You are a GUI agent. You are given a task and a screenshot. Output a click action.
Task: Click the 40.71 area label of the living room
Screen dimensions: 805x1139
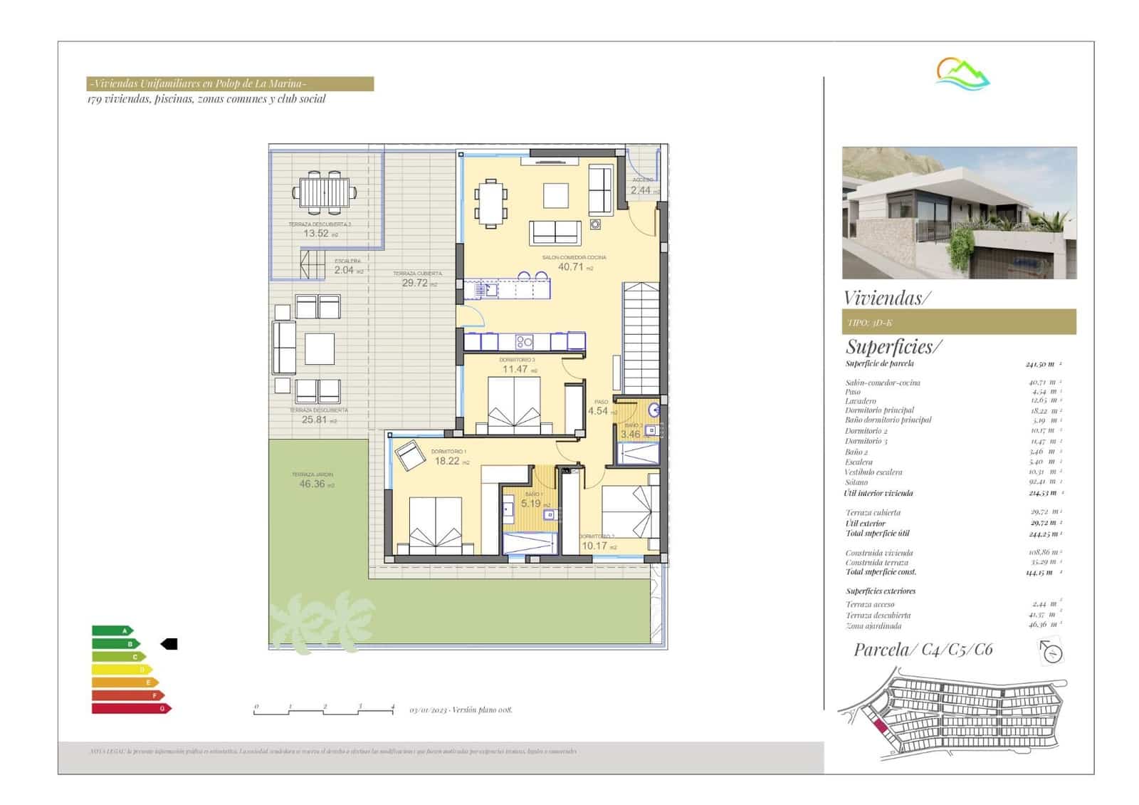pyautogui.click(x=570, y=267)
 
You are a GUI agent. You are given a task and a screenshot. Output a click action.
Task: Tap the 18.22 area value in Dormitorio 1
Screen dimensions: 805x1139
pyautogui.click(x=447, y=461)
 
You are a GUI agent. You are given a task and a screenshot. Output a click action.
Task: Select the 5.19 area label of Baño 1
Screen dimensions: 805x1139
pyautogui.click(x=530, y=504)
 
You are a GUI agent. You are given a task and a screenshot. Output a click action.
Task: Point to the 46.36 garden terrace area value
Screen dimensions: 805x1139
pyautogui.click(x=312, y=484)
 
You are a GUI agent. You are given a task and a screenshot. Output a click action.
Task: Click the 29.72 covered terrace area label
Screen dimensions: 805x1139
pyautogui.click(x=415, y=283)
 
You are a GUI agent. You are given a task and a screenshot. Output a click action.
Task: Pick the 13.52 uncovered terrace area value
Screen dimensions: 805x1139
pyautogui.click(x=316, y=233)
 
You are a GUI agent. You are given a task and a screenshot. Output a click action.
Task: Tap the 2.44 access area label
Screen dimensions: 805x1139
pyautogui.click(x=641, y=190)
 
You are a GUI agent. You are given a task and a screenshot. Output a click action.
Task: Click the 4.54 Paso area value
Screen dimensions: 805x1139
pyautogui.click(x=598, y=411)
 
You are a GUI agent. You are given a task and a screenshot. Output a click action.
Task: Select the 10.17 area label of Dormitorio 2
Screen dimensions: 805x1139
pyautogui.click(x=594, y=546)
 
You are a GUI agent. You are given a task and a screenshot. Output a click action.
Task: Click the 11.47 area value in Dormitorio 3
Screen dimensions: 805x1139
pyautogui.click(x=515, y=369)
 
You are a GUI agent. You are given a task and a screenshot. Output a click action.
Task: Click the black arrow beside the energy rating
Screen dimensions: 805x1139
pyautogui.click(x=169, y=644)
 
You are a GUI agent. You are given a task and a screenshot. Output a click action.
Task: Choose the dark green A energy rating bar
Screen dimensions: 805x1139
pyautogui.click(x=112, y=630)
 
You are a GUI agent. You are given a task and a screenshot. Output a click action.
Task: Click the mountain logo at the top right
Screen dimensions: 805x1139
pyautogui.click(x=962, y=73)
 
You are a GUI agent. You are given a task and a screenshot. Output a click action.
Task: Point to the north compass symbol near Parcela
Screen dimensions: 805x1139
pyautogui.click(x=1051, y=651)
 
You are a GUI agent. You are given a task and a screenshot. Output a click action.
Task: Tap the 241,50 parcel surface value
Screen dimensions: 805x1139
pyautogui.click(x=1039, y=364)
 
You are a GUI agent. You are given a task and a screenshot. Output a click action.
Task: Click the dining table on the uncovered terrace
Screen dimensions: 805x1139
pyautogui.click(x=325, y=192)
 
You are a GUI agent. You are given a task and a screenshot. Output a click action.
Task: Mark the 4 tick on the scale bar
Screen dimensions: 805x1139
pyautogui.click(x=392, y=707)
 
